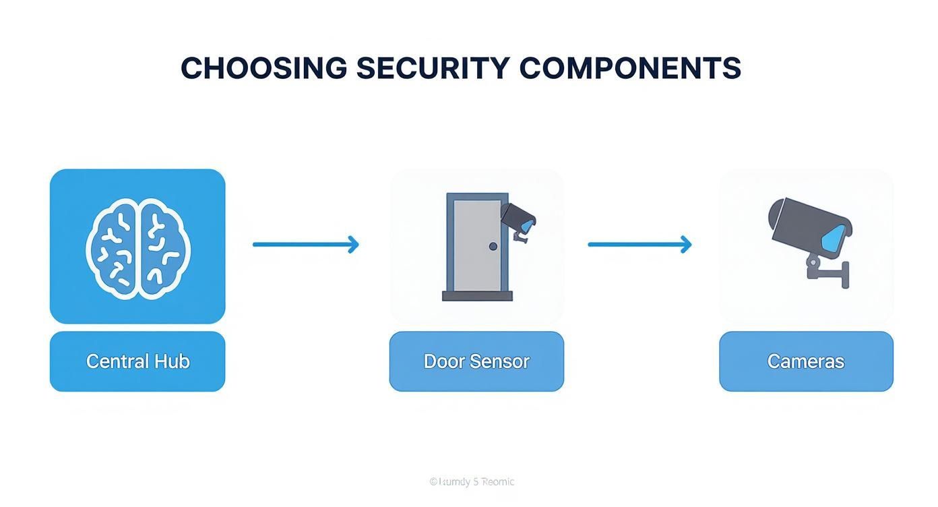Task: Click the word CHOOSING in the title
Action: pos(263,68)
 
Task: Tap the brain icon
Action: pos(137,249)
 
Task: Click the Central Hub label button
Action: pos(137,361)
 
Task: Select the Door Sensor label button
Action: pos(476,361)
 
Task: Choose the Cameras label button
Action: pos(806,361)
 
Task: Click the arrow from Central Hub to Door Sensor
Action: pos(305,244)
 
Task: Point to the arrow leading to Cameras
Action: pos(639,244)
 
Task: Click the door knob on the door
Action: pos(493,247)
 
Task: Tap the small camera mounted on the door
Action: pos(519,218)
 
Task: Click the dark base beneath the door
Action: pos(477,296)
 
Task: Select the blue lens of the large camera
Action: pos(835,239)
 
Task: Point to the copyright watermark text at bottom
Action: pos(472,481)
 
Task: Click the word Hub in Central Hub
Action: pos(172,361)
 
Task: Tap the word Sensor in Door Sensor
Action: pos(499,361)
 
